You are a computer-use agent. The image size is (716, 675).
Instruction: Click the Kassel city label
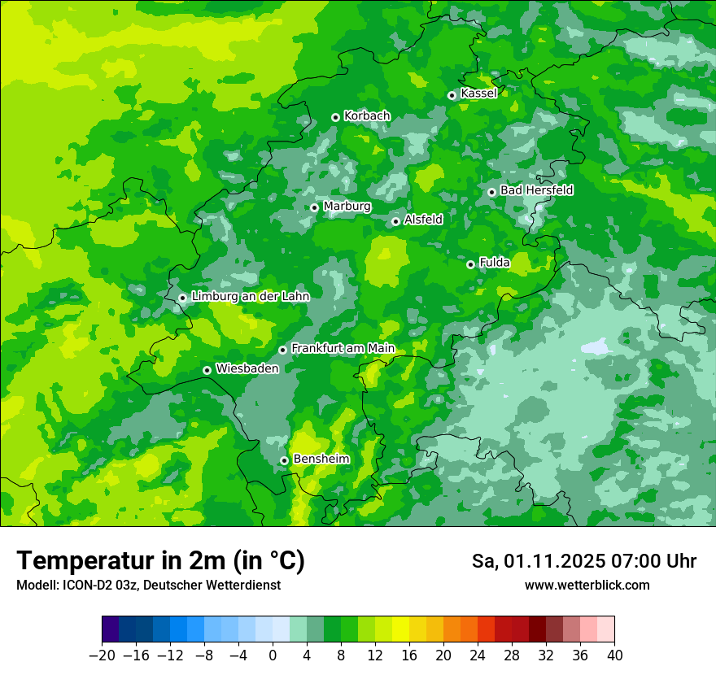pos(478,94)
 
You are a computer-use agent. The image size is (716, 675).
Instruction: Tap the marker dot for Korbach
pos(335,117)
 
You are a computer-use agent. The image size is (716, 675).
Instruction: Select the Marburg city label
pos(347,207)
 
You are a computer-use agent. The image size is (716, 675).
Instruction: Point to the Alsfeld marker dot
pos(395,221)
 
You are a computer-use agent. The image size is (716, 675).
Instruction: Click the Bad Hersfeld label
pos(536,190)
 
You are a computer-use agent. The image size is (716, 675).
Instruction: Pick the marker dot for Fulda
pos(470,264)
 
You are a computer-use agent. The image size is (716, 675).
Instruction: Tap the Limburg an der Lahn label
pos(250,297)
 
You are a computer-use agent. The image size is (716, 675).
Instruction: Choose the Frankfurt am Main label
pos(343,348)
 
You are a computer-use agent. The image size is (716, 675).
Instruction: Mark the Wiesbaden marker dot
pos(207,370)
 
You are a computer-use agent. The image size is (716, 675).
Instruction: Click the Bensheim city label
pos(321,459)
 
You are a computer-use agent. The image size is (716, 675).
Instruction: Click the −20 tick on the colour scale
pos(102,655)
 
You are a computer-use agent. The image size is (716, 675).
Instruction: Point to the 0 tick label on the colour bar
pos(273,655)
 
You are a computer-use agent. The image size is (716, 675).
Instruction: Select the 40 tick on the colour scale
pos(614,655)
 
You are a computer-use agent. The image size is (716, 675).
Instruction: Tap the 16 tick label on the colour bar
pos(409,655)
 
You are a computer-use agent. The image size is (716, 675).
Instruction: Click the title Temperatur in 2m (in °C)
pos(160,561)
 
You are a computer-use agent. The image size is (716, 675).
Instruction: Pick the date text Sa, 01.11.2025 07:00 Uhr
pos(583,561)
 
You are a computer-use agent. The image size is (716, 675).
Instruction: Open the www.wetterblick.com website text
pos(587,586)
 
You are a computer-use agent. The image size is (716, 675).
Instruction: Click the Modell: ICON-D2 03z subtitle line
pos(148,586)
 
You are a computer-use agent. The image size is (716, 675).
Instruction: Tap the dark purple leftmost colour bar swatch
pos(111,629)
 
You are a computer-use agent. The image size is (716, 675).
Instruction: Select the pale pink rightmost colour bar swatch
pos(605,629)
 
